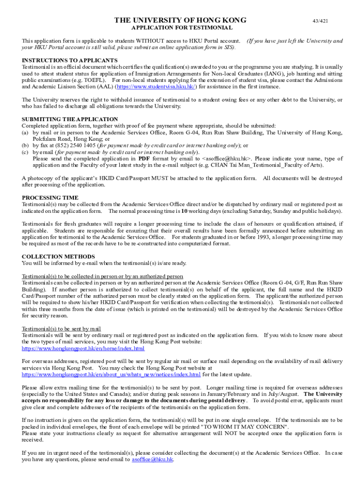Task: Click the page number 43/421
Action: click(320, 21)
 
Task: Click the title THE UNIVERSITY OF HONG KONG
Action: click(180, 21)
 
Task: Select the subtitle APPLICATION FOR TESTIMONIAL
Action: click(180, 28)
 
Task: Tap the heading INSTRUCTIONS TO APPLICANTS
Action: click(70, 60)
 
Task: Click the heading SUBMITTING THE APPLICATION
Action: click(70, 119)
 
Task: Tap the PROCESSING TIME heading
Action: click(50, 198)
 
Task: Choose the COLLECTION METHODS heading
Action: click(58, 256)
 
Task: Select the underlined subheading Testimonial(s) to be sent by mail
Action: click(61, 328)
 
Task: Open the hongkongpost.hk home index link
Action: click(83, 348)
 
